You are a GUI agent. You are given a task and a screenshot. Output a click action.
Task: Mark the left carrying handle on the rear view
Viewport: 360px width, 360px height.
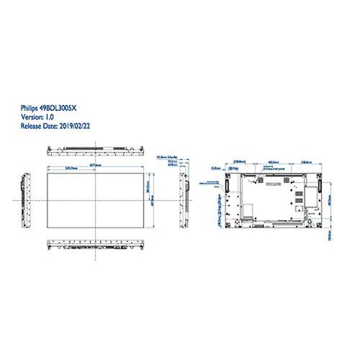pos(225,185)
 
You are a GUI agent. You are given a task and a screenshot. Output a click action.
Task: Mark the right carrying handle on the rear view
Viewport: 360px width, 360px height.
pos(316,185)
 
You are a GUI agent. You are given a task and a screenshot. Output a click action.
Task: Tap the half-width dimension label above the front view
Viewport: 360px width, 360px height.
pos(69,168)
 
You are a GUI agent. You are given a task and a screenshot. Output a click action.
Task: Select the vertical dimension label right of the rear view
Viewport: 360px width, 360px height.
pos(331,194)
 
